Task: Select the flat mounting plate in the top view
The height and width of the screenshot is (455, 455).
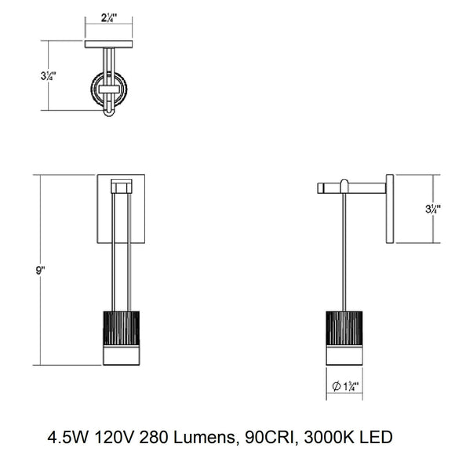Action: click(111, 43)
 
